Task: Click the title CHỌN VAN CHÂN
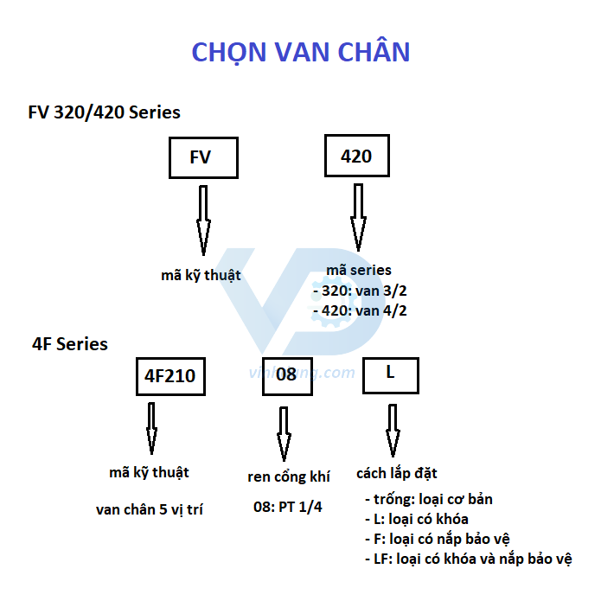click(300, 52)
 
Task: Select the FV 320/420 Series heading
click(104, 112)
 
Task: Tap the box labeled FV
click(202, 157)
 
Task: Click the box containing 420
click(356, 157)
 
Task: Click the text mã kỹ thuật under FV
click(201, 275)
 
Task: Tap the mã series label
click(359, 270)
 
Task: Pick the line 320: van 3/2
click(359, 291)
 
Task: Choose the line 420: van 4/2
click(359, 310)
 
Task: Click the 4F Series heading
click(70, 344)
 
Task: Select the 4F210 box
click(170, 376)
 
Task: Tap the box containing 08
click(286, 375)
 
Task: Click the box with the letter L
click(390, 374)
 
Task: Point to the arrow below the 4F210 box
click(151, 428)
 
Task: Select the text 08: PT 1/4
click(287, 507)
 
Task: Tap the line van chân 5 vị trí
click(150, 509)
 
